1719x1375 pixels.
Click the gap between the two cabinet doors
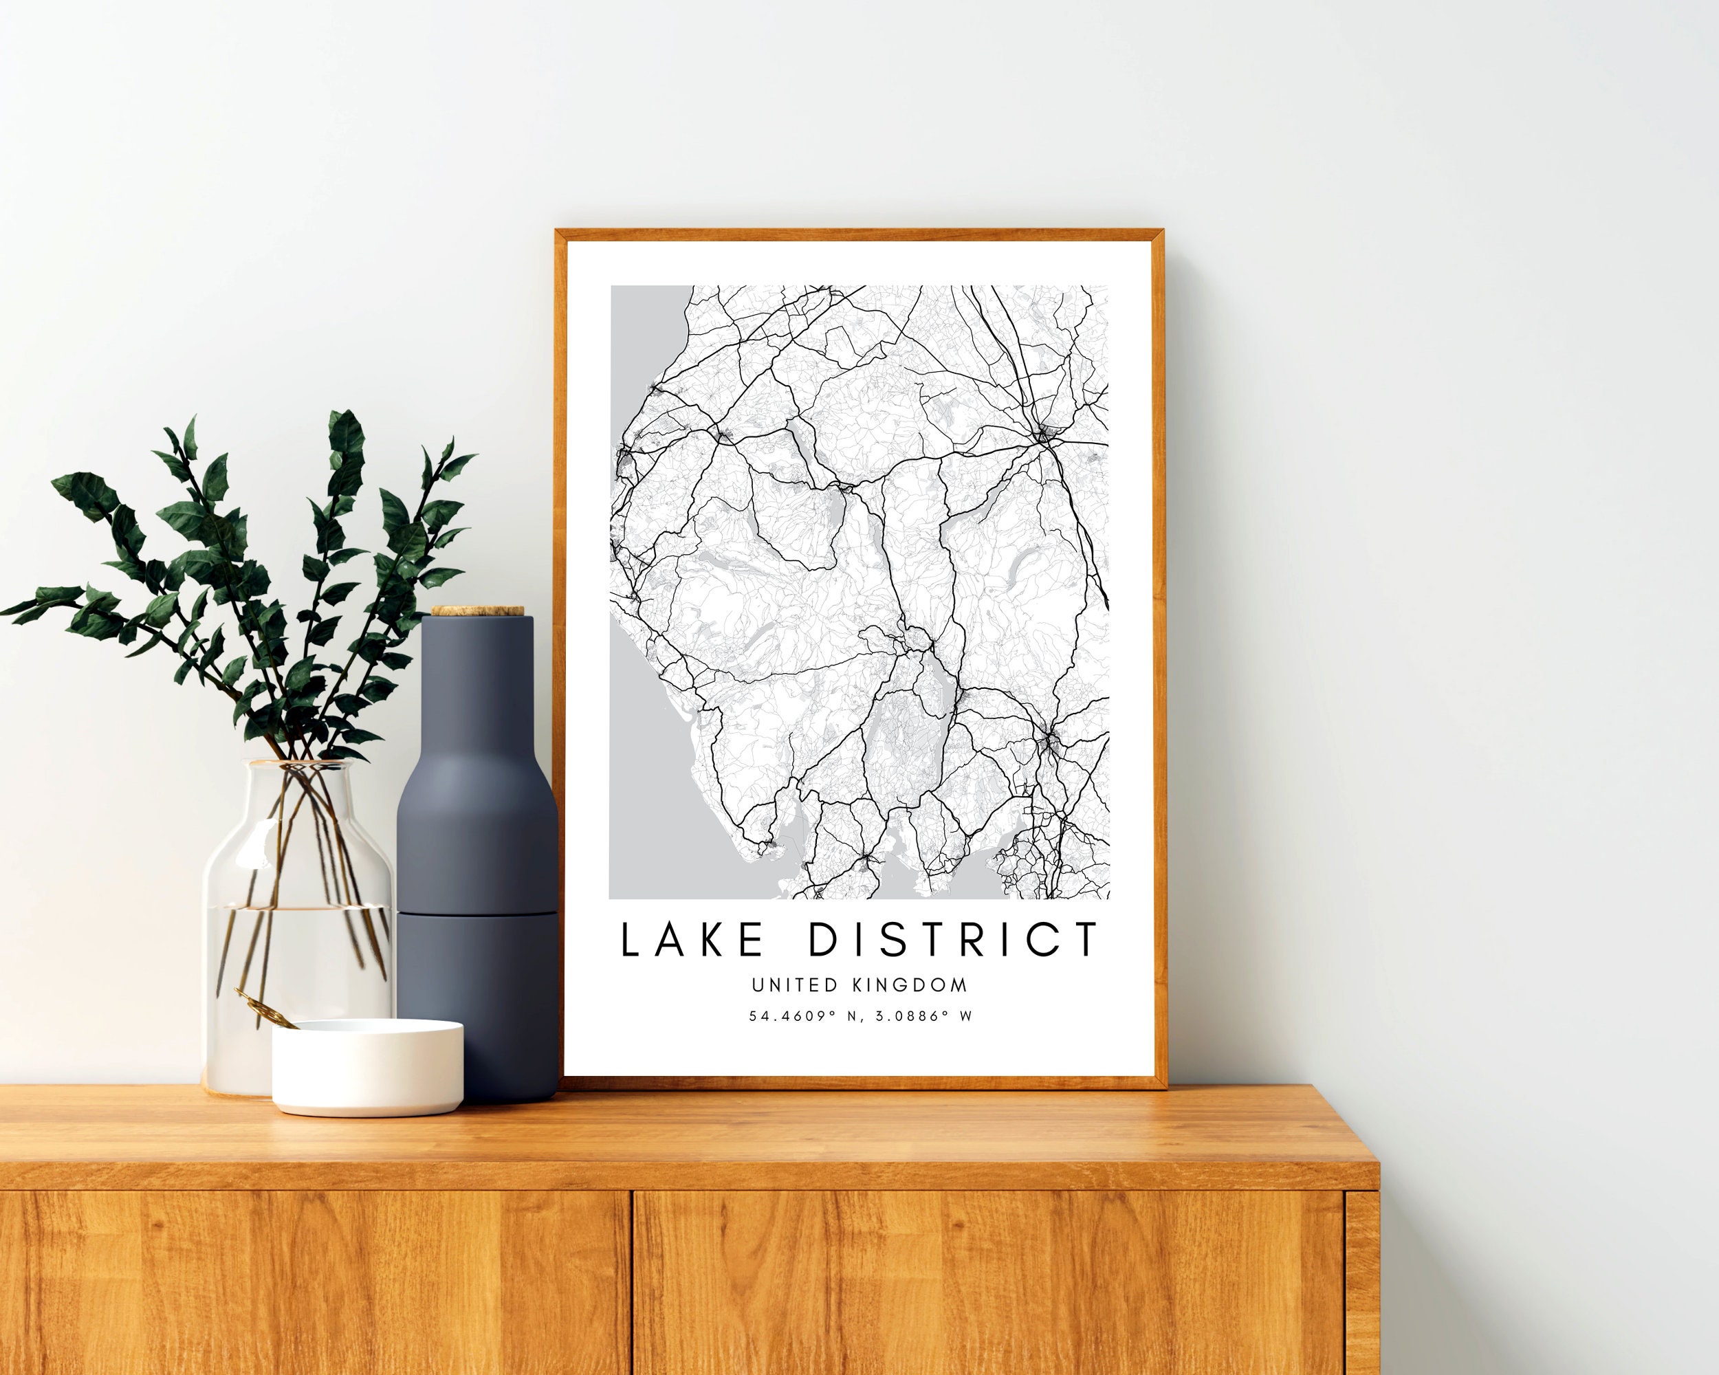tap(633, 1284)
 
